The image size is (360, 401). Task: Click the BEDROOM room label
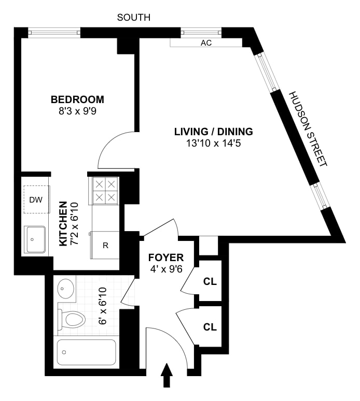[77, 99]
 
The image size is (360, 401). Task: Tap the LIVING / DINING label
[213, 131]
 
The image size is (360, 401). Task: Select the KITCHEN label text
[63, 224]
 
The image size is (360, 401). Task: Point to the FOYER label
[166, 257]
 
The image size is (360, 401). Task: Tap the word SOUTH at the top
[134, 18]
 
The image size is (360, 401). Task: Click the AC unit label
[206, 44]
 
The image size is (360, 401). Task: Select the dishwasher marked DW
[35, 199]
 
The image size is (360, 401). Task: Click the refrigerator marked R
[105, 245]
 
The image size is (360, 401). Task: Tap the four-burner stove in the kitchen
[105, 190]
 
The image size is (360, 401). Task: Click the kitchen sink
[34, 239]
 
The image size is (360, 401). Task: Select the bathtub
[86, 353]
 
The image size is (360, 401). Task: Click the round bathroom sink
[66, 288]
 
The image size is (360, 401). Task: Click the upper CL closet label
[210, 282]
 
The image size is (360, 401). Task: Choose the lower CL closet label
[210, 327]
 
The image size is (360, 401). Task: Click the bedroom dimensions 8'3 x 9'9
[77, 111]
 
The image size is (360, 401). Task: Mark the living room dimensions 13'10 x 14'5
[213, 142]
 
